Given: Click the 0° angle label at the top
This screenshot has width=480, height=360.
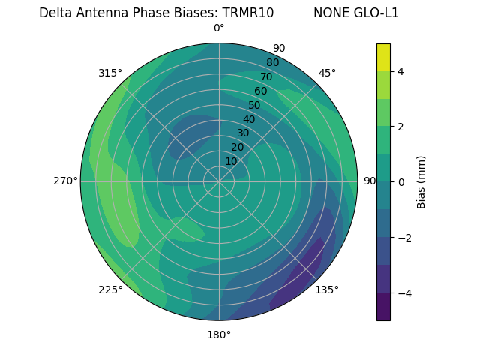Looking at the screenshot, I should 219,28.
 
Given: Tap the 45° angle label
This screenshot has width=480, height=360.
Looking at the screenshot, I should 327,73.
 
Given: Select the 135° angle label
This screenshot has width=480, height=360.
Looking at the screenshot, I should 326,289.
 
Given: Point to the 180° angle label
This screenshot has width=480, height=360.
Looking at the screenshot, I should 219,334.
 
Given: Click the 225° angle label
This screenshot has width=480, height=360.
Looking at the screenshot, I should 110,290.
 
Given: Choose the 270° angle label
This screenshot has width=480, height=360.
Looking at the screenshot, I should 65,181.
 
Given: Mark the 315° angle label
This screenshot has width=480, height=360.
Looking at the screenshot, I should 110,73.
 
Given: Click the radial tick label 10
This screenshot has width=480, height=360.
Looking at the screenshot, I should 231,161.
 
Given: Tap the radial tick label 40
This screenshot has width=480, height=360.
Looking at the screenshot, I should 249,119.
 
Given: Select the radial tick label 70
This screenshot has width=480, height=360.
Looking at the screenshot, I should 266,76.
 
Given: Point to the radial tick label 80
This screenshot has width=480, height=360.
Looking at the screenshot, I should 272,62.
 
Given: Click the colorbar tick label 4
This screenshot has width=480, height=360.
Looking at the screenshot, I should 401,71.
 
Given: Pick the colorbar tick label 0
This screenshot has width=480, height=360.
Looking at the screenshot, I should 401,181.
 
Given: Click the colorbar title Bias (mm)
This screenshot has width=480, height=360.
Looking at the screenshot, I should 421,181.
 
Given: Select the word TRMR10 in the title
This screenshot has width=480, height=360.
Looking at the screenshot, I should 247,13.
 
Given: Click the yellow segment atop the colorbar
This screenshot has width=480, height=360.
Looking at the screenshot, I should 383,57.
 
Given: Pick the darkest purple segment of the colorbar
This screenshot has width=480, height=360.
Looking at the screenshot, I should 383,307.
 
